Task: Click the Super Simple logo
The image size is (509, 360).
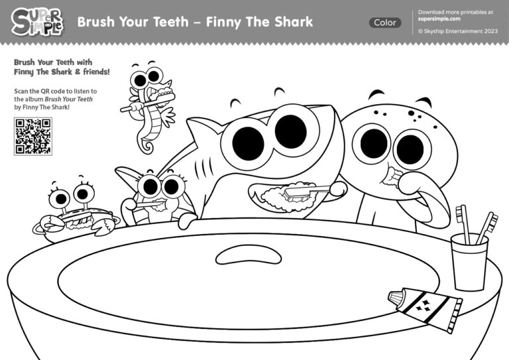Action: tap(37, 22)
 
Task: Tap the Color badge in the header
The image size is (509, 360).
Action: tap(385, 23)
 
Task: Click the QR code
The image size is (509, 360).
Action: tap(32, 136)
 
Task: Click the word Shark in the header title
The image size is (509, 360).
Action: tap(292, 22)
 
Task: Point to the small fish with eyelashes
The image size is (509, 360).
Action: tap(158, 196)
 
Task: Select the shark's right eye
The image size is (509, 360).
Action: tap(290, 131)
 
